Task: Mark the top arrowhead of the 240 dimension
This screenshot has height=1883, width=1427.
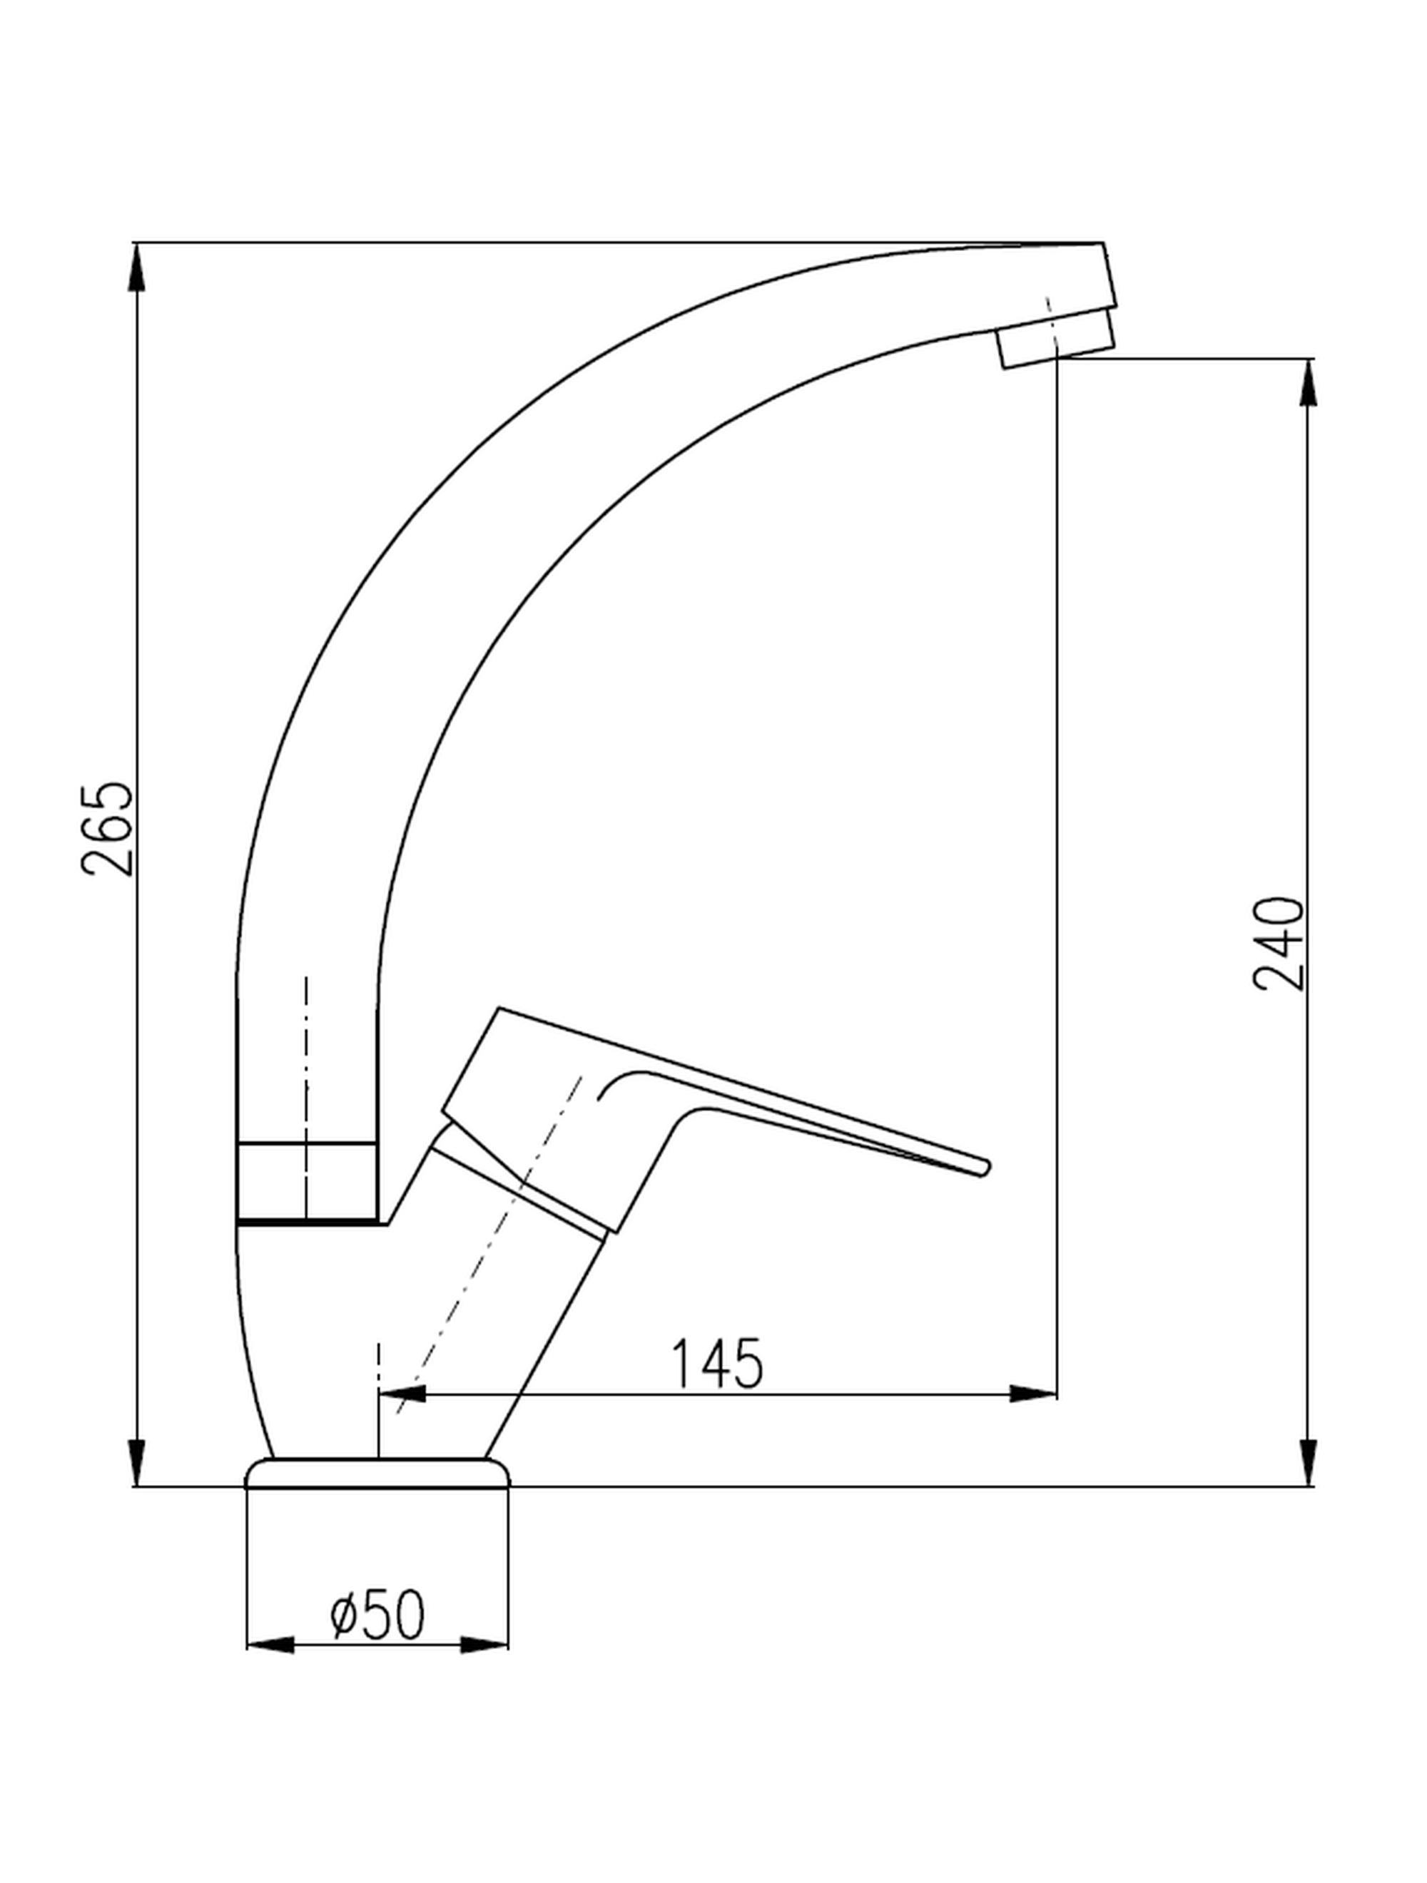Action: point(1309,382)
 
